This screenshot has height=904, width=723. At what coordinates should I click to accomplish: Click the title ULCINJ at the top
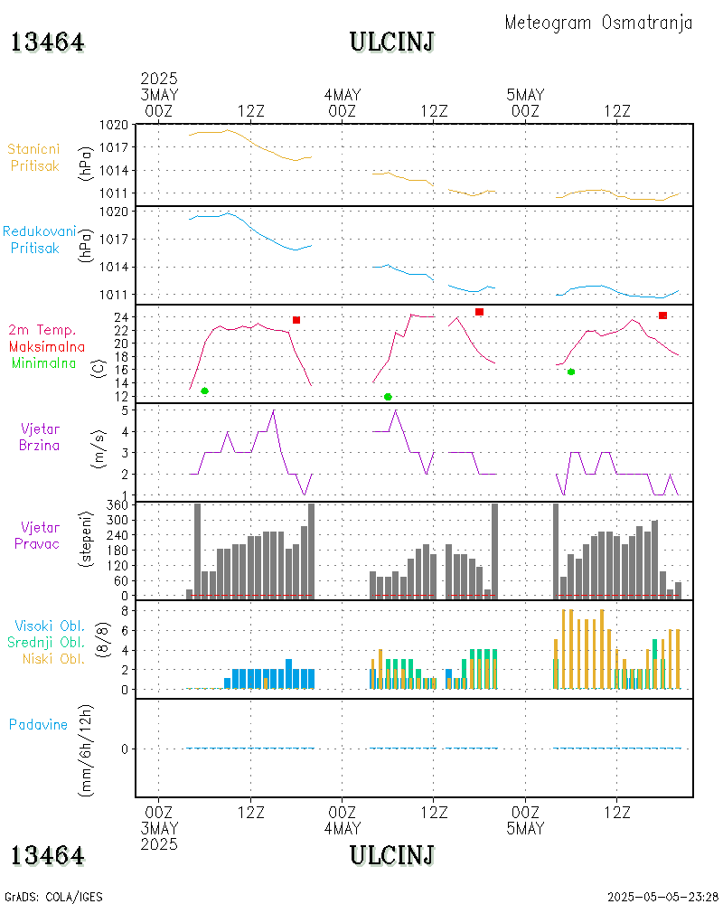pos(391,42)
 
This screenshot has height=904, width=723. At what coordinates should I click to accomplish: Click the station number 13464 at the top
pos(48,42)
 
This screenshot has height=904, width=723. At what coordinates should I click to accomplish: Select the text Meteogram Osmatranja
pos(598,23)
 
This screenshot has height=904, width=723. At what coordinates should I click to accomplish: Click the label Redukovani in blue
pos(39,232)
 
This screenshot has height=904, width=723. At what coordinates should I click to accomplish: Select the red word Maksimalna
pos(47,347)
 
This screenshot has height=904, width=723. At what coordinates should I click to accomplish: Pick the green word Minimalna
pos(44,363)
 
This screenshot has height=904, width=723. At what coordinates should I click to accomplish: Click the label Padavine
pos(38,724)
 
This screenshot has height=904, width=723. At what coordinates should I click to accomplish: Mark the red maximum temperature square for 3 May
pos(296,320)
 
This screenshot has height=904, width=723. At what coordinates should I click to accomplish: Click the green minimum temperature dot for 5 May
pos(571,372)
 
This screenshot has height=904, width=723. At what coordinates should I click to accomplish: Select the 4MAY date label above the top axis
pos(342,95)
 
